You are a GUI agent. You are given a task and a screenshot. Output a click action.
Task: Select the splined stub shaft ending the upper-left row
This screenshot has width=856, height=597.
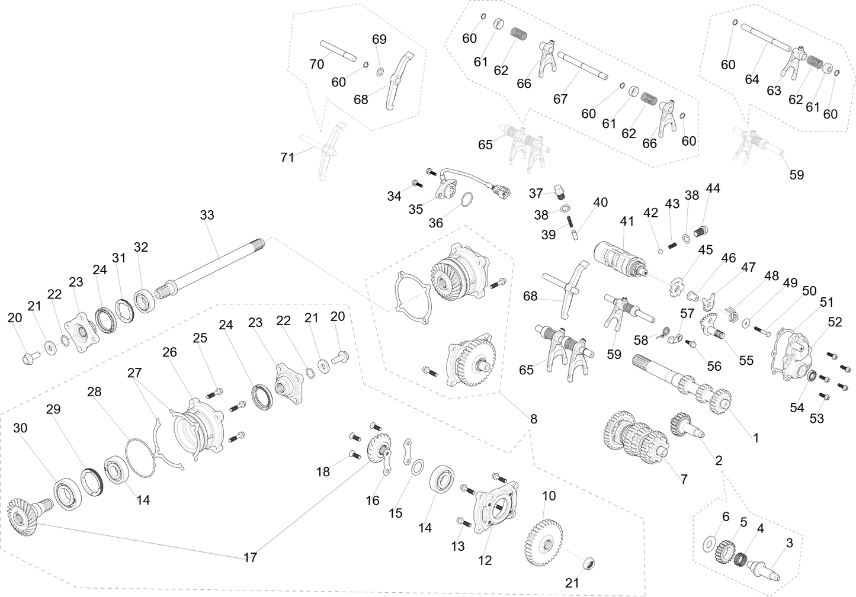pyautogui.click(x=166, y=290)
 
